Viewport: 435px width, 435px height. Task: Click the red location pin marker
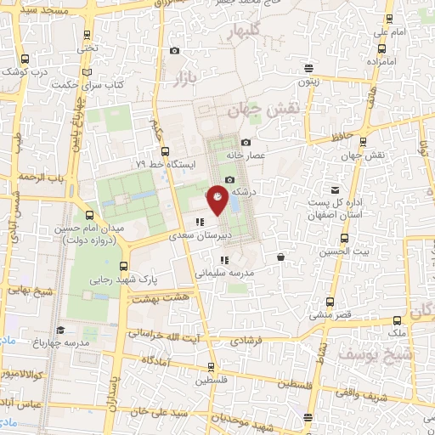[219, 201]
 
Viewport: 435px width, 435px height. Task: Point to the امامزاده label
[389, 63]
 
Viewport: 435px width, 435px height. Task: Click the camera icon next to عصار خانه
[246, 143]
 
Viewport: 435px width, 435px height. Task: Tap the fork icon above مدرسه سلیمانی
[223, 261]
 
